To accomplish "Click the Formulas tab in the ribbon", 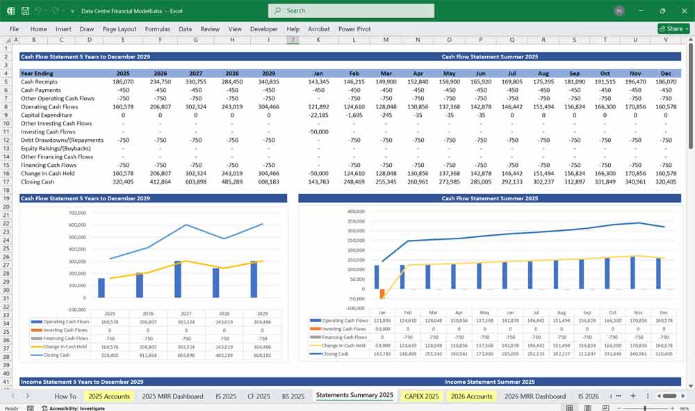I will (157, 29).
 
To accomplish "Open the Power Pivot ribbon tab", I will (354, 29).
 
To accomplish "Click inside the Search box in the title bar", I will (351, 10).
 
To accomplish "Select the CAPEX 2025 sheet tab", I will (421, 396).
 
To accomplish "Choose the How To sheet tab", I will (65, 396).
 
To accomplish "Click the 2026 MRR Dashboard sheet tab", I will (535, 396).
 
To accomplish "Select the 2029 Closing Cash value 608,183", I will (268, 182).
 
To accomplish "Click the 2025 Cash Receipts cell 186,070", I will (123, 81).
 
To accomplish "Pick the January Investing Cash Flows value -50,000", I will (318, 131).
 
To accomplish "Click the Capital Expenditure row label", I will (47, 115).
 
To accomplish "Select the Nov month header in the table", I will (636, 73).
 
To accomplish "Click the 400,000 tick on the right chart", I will (355, 211).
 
